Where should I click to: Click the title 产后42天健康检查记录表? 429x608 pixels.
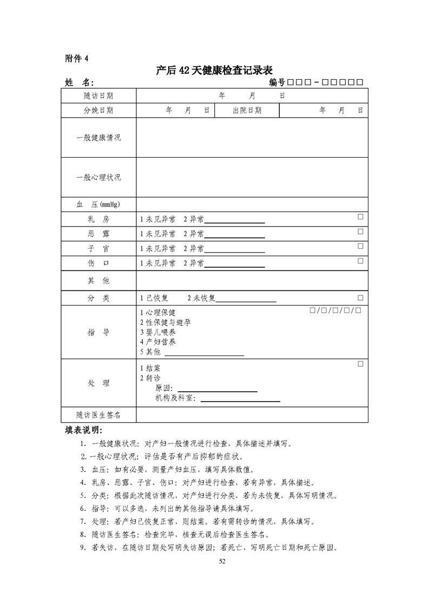pyautogui.click(x=214, y=70)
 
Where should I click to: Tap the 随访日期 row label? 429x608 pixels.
pyautogui.click(x=98, y=96)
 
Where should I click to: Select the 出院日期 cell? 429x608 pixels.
pyautogui.click(x=247, y=111)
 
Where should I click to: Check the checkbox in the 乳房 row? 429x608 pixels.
pyautogui.click(x=360, y=217)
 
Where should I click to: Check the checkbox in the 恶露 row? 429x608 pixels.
pyautogui.click(x=360, y=232)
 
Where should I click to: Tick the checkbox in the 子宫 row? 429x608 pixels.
pyautogui.click(x=360, y=246)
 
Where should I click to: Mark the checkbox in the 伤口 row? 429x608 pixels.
pyautogui.click(x=360, y=261)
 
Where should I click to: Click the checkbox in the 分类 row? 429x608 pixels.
pyautogui.click(x=360, y=298)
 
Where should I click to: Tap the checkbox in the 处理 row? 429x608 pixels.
pyautogui.click(x=360, y=364)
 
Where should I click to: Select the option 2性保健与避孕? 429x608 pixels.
pyautogui.click(x=165, y=322)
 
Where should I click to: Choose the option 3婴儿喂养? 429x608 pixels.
pyautogui.click(x=158, y=332)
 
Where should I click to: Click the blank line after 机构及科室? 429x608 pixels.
pyautogui.click(x=240, y=401)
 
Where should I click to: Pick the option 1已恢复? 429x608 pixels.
pyautogui.click(x=155, y=298)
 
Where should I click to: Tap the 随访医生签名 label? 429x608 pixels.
pyautogui.click(x=98, y=415)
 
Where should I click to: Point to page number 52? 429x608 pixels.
pyautogui.click(x=221, y=561)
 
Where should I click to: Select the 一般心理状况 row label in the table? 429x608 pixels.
pyautogui.click(x=98, y=177)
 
